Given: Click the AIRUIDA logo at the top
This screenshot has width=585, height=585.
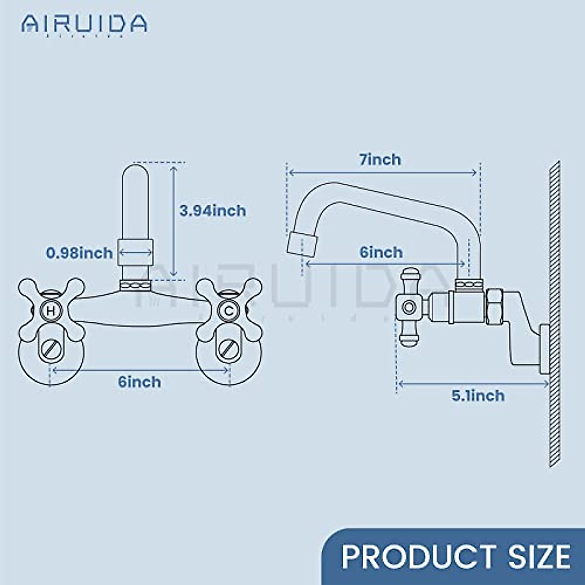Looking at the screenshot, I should [x=84, y=23].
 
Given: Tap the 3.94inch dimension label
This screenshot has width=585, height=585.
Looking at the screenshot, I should [x=213, y=211].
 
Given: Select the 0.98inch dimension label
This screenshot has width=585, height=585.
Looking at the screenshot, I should [x=79, y=253].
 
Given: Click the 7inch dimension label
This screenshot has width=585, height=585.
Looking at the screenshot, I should [x=380, y=159].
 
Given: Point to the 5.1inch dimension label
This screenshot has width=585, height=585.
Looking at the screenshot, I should [x=478, y=395].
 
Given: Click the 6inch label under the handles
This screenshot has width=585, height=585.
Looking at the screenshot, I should [x=139, y=382].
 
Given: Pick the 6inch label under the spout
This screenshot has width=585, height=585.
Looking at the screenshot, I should [x=381, y=252].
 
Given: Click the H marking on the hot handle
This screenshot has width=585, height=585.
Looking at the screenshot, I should [x=51, y=311].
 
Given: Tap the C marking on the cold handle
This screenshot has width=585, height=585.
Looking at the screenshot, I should [x=228, y=311].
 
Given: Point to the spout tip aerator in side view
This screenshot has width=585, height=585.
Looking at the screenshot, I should [x=301, y=243].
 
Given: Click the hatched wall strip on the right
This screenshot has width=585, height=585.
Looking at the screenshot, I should [x=554, y=312].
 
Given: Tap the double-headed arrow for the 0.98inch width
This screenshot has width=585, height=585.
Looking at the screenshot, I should [x=136, y=253].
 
